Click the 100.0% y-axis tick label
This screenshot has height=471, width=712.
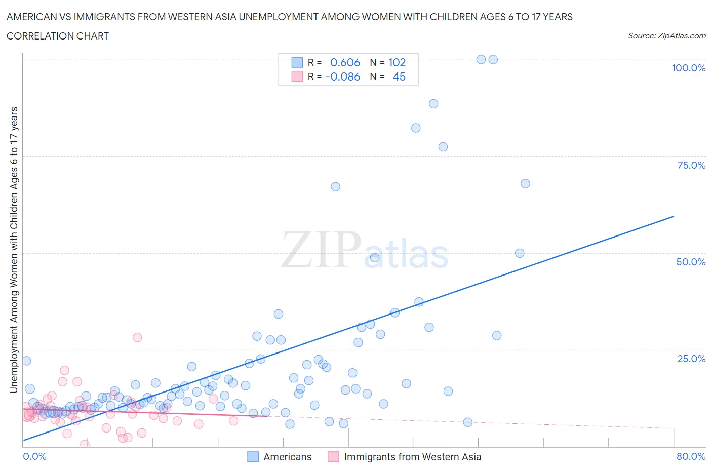688,68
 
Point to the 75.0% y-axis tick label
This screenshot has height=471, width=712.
691,165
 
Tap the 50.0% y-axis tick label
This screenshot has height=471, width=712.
691,262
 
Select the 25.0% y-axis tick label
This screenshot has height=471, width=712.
691,359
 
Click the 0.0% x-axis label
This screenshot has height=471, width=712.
34,456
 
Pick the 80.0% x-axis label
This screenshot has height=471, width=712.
691,456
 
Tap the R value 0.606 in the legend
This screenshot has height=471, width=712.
345,62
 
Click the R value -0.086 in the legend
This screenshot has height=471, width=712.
343,76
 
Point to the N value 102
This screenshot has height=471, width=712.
397,62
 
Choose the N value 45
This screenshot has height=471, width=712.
399,76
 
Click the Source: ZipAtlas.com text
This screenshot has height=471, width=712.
666,35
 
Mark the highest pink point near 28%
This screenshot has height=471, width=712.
137,337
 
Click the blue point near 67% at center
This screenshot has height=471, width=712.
335,187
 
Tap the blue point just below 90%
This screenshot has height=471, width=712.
433,104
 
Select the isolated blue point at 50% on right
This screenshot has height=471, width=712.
520,253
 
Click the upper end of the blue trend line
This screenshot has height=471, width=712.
674,216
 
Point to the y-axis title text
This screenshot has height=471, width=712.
14,250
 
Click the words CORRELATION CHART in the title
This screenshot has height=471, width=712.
58,36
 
